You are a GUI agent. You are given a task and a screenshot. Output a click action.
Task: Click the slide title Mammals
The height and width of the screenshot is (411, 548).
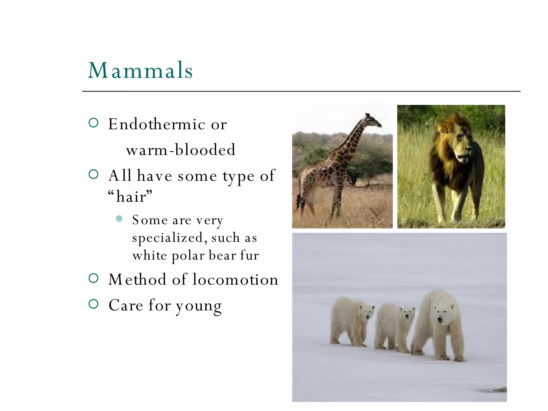(x=140, y=70)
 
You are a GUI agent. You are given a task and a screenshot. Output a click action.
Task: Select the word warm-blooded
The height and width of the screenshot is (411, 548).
(x=181, y=150)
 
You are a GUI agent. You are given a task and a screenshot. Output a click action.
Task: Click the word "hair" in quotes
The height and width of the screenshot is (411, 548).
(x=130, y=197)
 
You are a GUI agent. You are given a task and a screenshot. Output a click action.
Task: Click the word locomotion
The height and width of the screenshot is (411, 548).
(x=235, y=280)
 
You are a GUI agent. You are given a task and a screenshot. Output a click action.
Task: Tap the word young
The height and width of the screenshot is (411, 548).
(x=199, y=306)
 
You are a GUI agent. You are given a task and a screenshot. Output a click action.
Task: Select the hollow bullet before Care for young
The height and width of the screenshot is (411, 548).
(x=93, y=304)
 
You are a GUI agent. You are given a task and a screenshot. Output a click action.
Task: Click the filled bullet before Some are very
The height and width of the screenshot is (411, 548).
(x=119, y=219)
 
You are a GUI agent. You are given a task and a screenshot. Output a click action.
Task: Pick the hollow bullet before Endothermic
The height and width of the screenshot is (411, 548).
(x=93, y=123)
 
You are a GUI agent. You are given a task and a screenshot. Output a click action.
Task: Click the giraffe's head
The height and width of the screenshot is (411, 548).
(x=373, y=120)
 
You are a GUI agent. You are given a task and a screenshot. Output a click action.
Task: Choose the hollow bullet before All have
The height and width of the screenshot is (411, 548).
(x=93, y=174)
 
